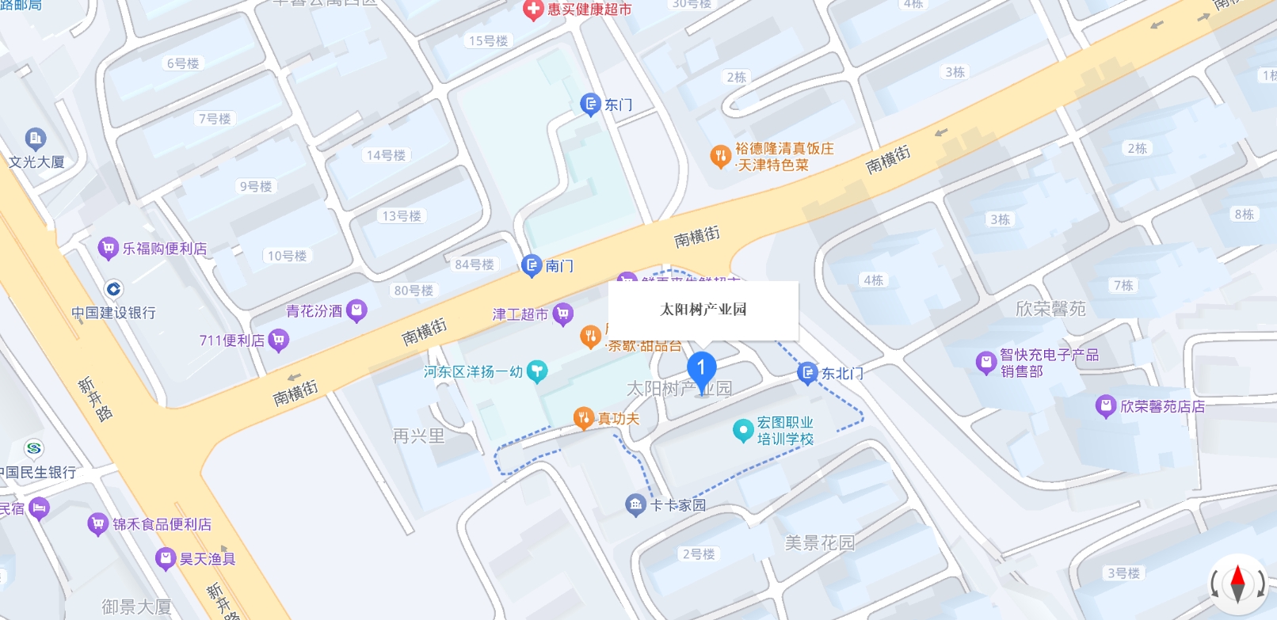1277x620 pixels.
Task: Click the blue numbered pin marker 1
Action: tap(701, 369)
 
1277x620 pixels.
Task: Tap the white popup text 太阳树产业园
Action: tap(703, 310)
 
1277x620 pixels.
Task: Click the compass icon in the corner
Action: tap(1237, 585)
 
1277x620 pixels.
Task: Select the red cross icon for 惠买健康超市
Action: tap(534, 10)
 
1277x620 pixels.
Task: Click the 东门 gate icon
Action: tap(590, 105)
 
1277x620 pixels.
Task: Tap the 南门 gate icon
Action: tap(532, 266)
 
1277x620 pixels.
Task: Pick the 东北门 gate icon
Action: tap(807, 373)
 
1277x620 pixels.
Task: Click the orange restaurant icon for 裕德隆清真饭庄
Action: tap(720, 156)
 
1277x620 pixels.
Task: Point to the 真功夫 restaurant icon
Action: tap(584, 418)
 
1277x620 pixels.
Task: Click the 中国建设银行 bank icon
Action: tap(114, 289)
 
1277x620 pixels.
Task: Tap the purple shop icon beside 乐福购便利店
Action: tap(108, 249)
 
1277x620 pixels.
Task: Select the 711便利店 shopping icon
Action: tap(278, 340)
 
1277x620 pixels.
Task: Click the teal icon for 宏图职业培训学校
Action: tap(743, 430)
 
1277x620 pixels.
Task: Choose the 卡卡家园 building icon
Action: tap(635, 504)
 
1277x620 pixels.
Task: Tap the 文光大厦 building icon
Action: tap(36, 139)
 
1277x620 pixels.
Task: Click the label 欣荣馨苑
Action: tap(1050, 309)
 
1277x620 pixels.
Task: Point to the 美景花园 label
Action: tap(820, 543)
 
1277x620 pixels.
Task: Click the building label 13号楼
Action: tap(402, 216)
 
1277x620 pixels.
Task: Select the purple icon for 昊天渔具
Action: tap(166, 559)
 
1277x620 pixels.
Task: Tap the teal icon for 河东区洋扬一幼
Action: tap(537, 371)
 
